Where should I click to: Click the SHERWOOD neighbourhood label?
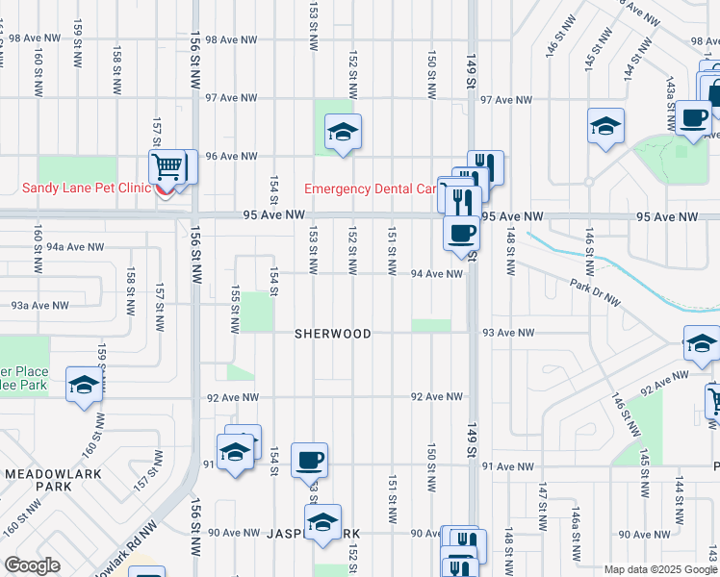(333, 334)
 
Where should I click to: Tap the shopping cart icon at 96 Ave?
(167, 167)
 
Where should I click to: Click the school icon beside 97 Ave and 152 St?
(342, 133)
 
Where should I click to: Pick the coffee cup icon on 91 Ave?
(309, 460)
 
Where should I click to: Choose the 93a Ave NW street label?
(39, 306)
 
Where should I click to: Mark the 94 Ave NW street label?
(437, 274)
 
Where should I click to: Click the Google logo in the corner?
(32, 564)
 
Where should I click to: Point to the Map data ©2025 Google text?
(659, 569)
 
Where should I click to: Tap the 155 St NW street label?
(234, 308)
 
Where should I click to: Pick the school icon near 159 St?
(84, 386)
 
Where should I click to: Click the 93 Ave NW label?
(508, 332)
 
